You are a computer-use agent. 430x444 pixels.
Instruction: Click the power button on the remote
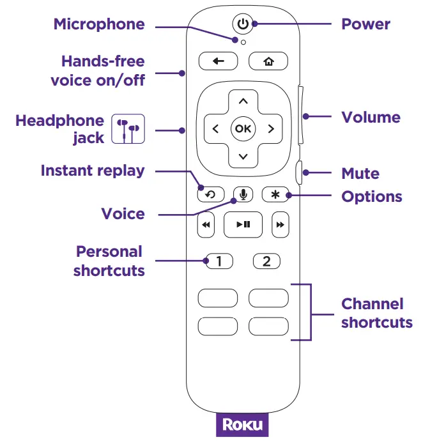[x=242, y=24]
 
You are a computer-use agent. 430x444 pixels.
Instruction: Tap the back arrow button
[x=219, y=61]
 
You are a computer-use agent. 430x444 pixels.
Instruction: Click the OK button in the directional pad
[x=243, y=128]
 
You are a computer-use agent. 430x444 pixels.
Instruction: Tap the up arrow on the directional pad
[x=243, y=101]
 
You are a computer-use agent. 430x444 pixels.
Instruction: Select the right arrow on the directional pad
[x=271, y=128]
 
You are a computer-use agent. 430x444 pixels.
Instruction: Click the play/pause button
[x=243, y=224]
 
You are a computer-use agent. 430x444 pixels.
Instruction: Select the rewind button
[x=206, y=225]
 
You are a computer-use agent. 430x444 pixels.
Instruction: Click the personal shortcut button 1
[x=219, y=261]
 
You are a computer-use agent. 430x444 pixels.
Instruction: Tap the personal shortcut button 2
[x=267, y=261]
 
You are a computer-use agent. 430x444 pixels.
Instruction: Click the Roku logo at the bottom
[x=242, y=426]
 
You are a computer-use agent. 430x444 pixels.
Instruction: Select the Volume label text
[x=371, y=118]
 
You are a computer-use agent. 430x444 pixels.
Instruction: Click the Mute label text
[x=360, y=174]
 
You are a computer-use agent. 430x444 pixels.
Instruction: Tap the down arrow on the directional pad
[x=243, y=157]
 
